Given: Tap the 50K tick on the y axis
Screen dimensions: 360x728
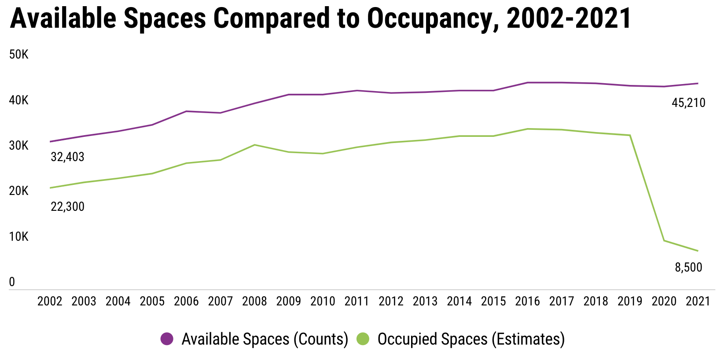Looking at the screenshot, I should click(x=18, y=55).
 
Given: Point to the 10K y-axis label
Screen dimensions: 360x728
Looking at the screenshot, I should click(x=18, y=237).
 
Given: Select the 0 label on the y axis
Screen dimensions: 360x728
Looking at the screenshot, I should click(x=12, y=282).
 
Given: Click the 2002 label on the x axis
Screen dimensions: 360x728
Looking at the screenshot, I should click(x=50, y=301).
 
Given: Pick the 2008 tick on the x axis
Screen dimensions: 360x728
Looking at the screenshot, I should click(x=254, y=301).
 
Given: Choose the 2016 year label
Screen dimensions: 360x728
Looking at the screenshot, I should click(x=527, y=301).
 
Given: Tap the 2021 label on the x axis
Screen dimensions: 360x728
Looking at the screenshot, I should click(x=698, y=301).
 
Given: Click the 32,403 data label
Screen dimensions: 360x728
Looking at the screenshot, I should click(x=67, y=157).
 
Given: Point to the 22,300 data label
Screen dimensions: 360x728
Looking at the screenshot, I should click(x=67, y=207).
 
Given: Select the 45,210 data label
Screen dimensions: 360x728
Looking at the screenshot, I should click(x=688, y=103).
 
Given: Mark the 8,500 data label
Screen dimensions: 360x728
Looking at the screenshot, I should click(x=688, y=268).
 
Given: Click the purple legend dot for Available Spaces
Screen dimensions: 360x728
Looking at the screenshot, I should click(x=167, y=339).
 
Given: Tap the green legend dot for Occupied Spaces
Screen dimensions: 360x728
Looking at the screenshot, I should click(x=363, y=339).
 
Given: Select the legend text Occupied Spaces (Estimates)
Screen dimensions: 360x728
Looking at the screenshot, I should click(x=471, y=339).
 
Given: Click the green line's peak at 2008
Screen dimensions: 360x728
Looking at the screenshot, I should click(x=254, y=145).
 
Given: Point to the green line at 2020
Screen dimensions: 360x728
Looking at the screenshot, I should click(x=664, y=240).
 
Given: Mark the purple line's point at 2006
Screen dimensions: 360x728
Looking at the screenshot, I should click(x=186, y=111).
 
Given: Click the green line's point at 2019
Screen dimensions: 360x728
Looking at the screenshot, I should click(x=630, y=135).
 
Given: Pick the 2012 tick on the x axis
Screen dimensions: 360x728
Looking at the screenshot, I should click(x=391, y=301).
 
